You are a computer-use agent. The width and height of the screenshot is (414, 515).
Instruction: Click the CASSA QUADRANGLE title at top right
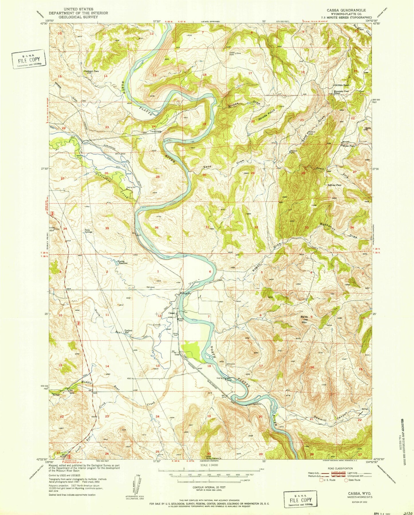click(346, 10)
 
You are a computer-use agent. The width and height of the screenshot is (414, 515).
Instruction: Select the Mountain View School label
click(341, 92)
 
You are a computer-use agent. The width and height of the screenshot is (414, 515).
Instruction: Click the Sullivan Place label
click(335, 185)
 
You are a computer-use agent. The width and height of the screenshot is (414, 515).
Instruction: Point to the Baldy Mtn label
click(304, 318)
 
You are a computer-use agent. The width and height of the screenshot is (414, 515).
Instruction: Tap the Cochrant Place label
click(91, 71)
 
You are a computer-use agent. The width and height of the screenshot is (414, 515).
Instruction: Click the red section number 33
click(307, 227)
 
